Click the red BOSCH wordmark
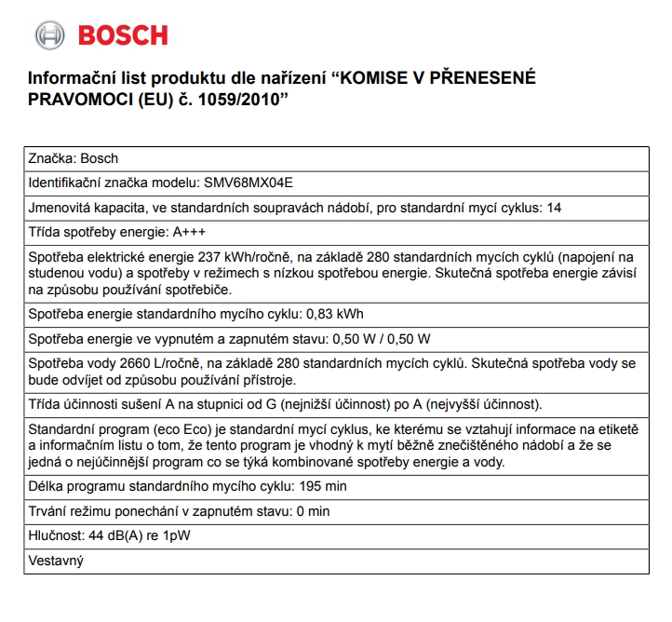[x=123, y=35]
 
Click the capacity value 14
[x=555, y=207]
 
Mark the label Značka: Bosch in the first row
[x=74, y=158]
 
